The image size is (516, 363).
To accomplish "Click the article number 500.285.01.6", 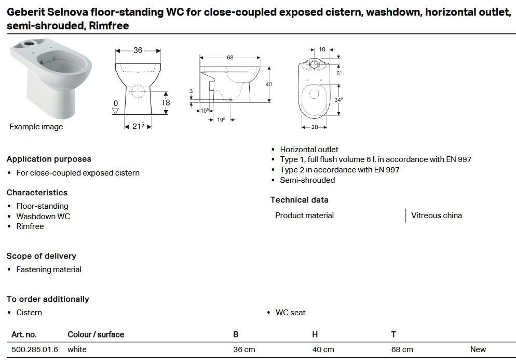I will (34, 349).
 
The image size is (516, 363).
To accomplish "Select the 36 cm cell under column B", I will (244, 349).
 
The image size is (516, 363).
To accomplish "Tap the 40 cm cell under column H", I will (323, 349).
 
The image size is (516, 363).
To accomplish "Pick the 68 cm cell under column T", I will (402, 349).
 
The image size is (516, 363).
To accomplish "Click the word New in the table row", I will (478, 349).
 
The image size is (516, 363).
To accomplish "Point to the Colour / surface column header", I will (96, 334).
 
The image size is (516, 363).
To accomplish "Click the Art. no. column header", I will (24, 334).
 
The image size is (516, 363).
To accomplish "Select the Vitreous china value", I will (436, 216).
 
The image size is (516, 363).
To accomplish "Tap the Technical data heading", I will (299, 200).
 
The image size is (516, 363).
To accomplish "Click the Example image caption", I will (36, 127).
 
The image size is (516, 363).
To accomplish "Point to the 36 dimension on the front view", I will (138, 50).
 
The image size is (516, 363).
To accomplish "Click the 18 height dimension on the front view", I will (166, 103).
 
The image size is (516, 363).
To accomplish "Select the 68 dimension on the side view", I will (230, 58).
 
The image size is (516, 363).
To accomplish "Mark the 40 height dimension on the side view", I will (269, 84).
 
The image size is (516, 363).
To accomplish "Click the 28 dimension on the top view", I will (314, 127).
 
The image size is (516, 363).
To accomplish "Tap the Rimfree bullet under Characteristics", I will (30, 226).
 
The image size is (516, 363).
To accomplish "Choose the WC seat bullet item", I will (290, 313).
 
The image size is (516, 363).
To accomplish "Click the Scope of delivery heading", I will (41, 256).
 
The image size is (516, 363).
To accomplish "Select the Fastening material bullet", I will (48, 270).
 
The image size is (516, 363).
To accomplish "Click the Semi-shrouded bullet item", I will (307, 180).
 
